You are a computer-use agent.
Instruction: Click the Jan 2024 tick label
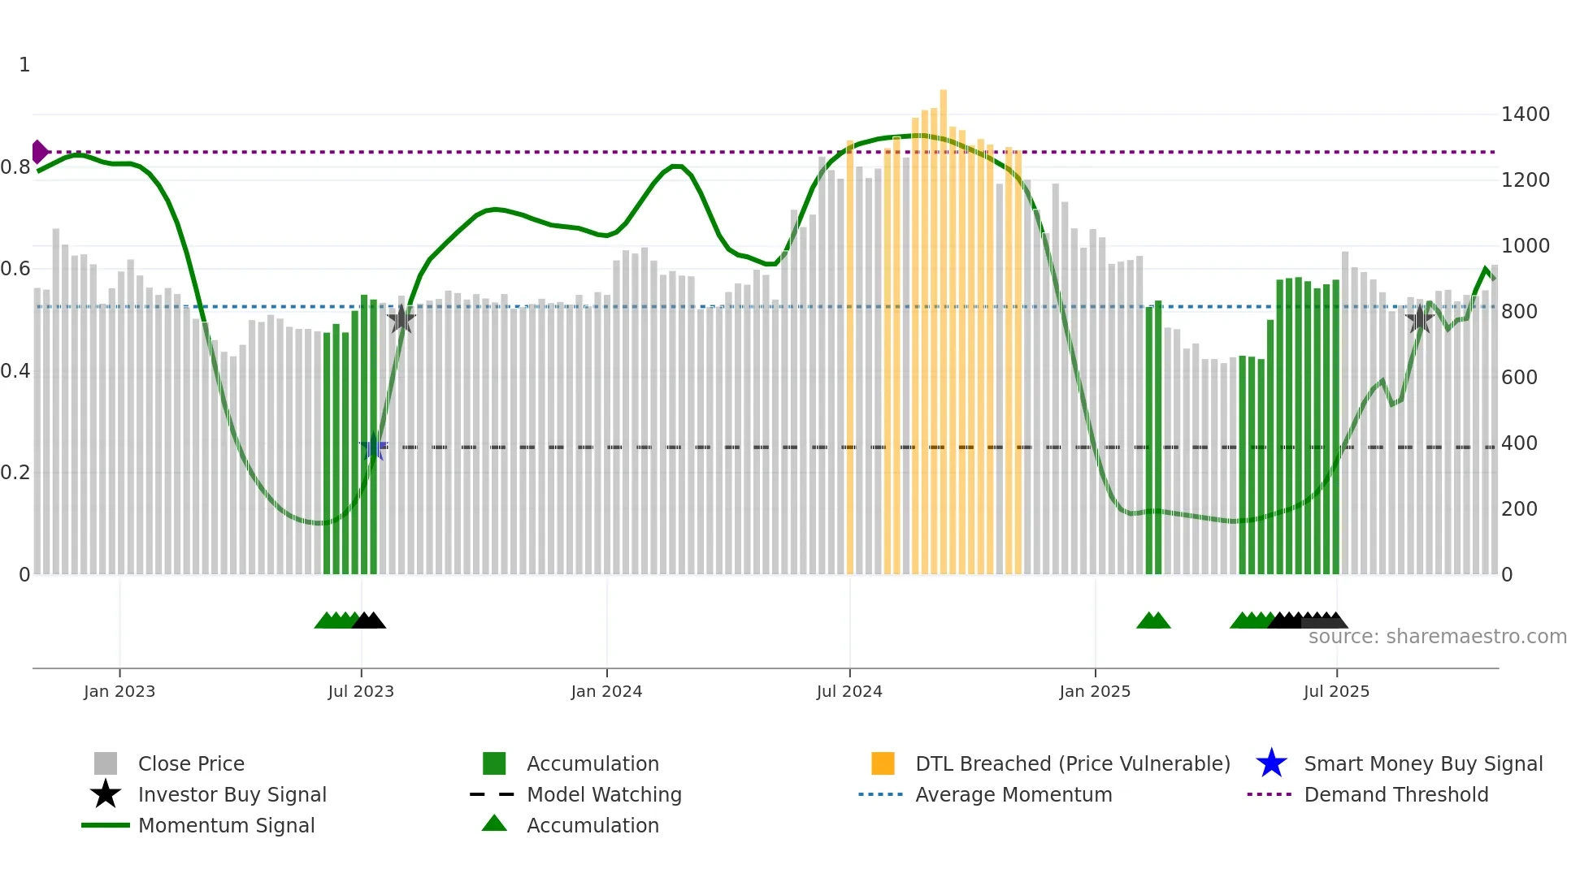[606, 692]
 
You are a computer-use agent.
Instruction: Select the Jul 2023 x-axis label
[361, 692]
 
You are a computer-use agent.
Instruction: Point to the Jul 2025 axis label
[1336, 692]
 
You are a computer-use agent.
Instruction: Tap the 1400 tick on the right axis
[1525, 115]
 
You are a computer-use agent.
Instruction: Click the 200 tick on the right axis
[1519, 509]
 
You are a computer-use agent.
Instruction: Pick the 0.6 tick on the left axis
[15, 269]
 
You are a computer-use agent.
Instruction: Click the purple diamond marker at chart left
[39, 152]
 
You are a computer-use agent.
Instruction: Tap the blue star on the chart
[374, 447]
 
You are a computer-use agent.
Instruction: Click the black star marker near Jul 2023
[402, 319]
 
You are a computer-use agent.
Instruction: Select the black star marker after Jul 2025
[1419, 319]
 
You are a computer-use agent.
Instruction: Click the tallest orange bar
[943, 325]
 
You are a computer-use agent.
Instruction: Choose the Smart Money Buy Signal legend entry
[1422, 764]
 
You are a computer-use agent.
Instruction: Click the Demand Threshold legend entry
[1396, 795]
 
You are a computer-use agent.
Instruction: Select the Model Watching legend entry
[603, 795]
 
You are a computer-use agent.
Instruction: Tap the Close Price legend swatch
[106, 764]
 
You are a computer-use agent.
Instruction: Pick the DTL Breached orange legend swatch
[883, 764]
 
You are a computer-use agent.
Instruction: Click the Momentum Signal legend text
[226, 826]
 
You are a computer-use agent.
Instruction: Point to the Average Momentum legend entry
[1013, 795]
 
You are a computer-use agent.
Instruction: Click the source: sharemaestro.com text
[1437, 637]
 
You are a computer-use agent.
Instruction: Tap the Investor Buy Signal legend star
[106, 794]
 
